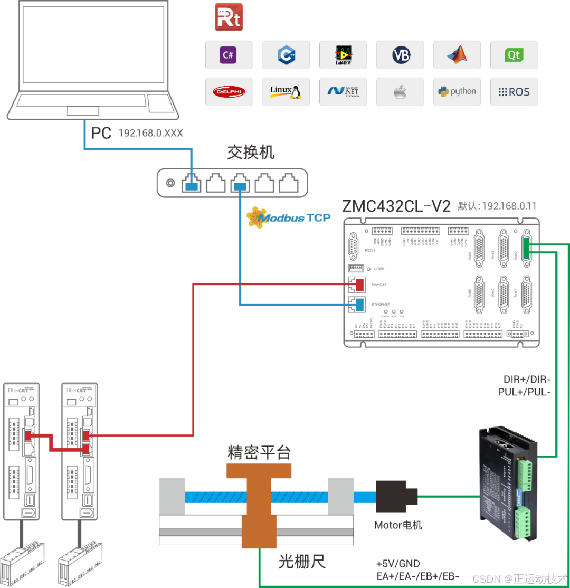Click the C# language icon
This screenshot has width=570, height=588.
[229, 55]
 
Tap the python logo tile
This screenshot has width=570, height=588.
[457, 92]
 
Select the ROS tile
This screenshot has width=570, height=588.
[514, 92]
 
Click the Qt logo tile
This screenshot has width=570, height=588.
[514, 55]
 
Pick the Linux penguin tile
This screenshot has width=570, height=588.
[286, 92]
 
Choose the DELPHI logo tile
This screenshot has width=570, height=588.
[229, 92]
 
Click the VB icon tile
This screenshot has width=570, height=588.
[400, 55]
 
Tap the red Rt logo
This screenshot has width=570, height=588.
[229, 17]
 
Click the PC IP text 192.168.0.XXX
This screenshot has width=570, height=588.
[150, 134]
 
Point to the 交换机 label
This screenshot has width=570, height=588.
[251, 153]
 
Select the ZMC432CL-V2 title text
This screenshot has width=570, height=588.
[396, 206]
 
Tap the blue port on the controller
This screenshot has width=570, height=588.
[360, 305]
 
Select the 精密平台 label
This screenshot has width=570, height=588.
[259, 452]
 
